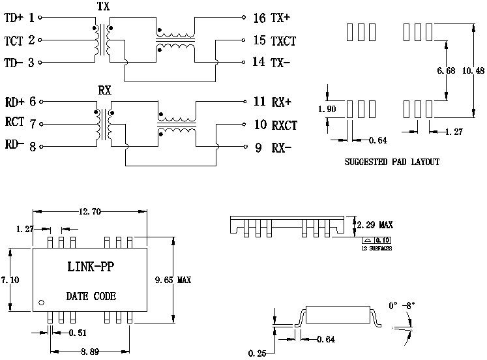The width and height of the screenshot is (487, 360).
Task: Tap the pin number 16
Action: coord(259,18)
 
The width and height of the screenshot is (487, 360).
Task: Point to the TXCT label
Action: coord(284,40)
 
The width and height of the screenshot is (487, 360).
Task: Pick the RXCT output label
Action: coord(284,124)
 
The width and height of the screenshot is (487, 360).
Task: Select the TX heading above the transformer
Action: coord(103,5)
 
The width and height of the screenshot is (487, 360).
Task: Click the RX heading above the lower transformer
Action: coord(104,89)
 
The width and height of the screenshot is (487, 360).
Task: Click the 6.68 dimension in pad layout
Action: coord(446,70)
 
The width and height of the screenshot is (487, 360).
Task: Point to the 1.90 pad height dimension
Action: coord(327,109)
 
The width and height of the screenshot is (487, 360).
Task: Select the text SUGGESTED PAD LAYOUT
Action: coord(391,161)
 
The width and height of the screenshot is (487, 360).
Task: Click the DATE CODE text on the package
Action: coord(91,296)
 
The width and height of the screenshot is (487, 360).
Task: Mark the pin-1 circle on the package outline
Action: coord(42,303)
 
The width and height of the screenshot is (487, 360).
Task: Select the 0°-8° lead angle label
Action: coord(402,305)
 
